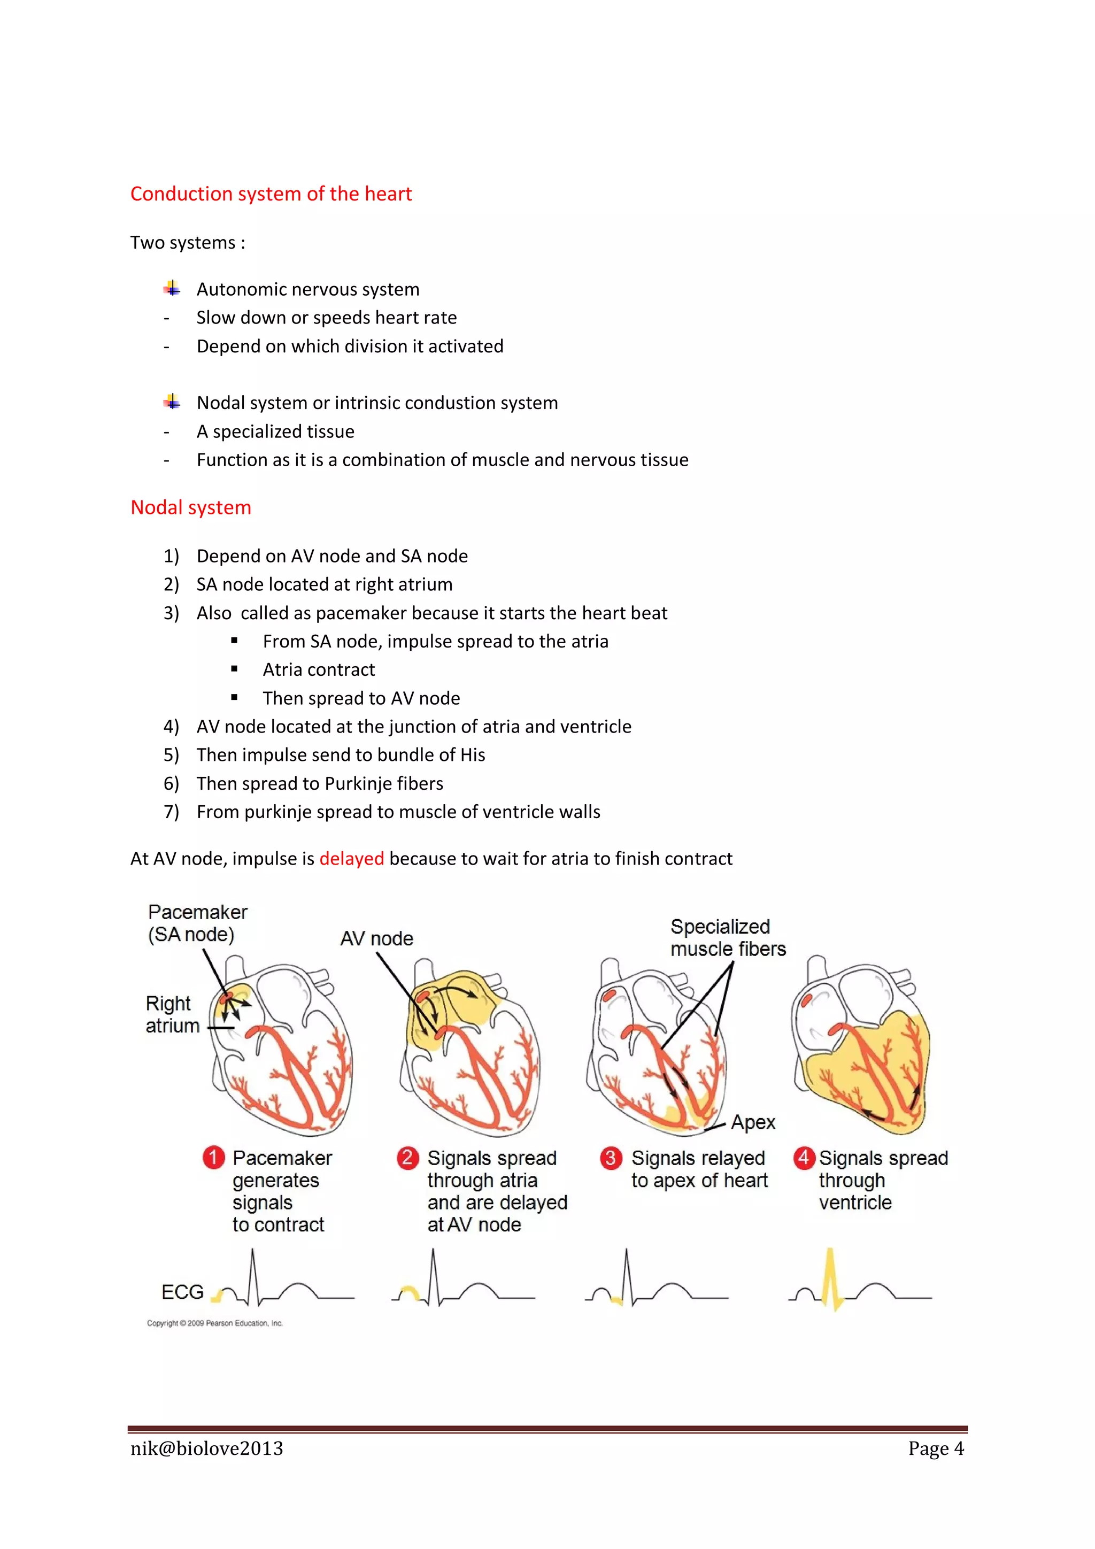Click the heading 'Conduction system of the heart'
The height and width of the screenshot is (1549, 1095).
[x=271, y=194]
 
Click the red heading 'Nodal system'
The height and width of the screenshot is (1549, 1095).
[x=191, y=507]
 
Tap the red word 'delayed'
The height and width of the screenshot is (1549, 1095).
[x=351, y=859]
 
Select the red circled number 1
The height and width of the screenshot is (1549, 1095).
[x=213, y=1158]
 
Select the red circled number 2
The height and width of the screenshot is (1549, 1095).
[x=407, y=1158]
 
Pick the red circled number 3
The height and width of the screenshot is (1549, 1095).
[x=611, y=1158]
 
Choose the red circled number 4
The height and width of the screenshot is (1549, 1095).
[x=804, y=1158]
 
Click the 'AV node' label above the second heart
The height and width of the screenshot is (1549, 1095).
[x=376, y=938]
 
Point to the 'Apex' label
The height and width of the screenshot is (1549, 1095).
[x=753, y=1122]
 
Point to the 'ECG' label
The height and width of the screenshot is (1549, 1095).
[x=182, y=1292]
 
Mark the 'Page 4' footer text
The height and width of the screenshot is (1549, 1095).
[x=935, y=1448]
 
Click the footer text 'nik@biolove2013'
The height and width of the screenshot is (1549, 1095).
[x=206, y=1448]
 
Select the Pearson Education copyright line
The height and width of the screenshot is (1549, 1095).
[x=214, y=1323]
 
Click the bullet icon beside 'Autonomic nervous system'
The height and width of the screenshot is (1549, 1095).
[x=172, y=289]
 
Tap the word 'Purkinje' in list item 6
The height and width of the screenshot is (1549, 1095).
[x=356, y=783]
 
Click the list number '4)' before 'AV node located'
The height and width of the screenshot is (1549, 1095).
[x=171, y=727]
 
